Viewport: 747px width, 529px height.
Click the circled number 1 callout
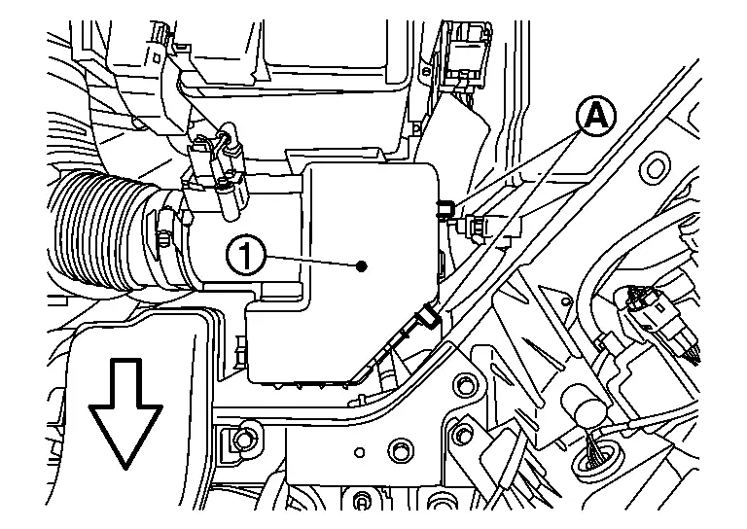(246, 256)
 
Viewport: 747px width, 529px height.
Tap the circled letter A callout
(596, 116)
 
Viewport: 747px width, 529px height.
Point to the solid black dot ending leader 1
(362, 266)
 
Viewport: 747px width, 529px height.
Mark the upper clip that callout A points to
(445, 208)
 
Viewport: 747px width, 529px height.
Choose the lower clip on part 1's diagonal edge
(427, 318)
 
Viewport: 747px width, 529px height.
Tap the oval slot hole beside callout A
(656, 167)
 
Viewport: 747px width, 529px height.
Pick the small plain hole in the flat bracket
(360, 452)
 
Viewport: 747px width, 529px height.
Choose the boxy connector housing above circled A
(466, 54)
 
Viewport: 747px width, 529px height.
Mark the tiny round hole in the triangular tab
(565, 300)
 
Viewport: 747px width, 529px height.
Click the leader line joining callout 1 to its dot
(311, 262)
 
